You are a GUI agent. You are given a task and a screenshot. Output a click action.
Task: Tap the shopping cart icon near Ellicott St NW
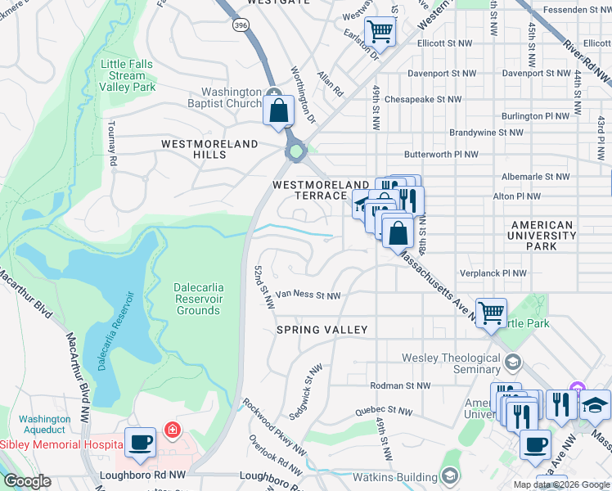point(380,32)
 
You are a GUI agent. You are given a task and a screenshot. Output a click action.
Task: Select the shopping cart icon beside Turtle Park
point(491,312)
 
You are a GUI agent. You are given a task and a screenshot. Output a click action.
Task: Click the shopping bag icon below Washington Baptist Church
point(278,110)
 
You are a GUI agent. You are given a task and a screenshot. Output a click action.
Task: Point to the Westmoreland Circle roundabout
point(295,151)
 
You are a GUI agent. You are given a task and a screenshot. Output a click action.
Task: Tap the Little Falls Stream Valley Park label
point(127,75)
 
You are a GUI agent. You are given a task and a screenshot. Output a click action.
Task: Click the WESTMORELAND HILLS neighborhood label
point(209,149)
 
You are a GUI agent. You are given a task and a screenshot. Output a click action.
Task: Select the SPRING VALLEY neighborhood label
point(322,329)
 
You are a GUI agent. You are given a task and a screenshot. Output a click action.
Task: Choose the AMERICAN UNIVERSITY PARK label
point(542,236)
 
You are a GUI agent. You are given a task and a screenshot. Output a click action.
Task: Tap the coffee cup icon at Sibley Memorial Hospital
point(140,442)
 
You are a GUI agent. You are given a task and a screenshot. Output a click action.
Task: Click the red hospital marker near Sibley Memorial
point(172,430)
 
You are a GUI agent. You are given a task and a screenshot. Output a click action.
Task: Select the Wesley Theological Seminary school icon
point(512,361)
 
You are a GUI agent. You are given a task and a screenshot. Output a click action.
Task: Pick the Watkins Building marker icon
point(448,475)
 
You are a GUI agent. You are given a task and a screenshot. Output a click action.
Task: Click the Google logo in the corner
point(27,481)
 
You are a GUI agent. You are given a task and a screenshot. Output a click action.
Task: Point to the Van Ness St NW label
point(307,295)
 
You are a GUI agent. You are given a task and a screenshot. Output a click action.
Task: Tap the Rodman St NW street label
point(400,385)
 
